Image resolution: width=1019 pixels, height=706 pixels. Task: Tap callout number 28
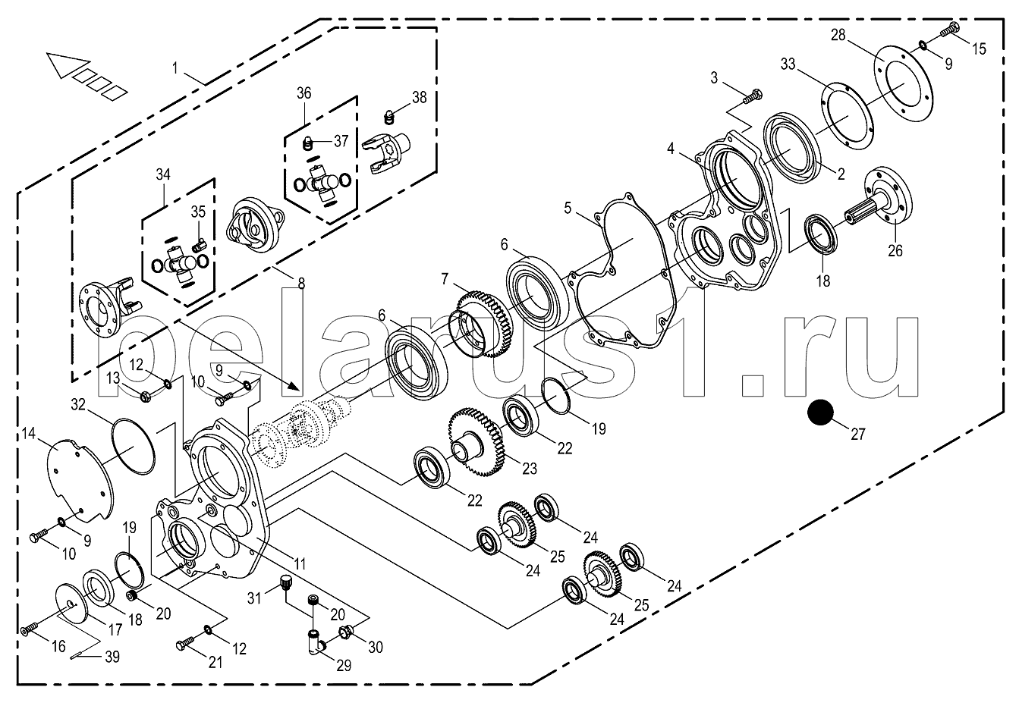click(x=838, y=36)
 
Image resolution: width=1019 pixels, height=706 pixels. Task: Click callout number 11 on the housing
click(x=300, y=564)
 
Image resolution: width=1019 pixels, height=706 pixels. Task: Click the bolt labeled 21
click(x=184, y=644)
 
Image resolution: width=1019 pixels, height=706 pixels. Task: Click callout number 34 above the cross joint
click(x=162, y=174)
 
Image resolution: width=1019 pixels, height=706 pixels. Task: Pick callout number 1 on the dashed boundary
click(x=175, y=67)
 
